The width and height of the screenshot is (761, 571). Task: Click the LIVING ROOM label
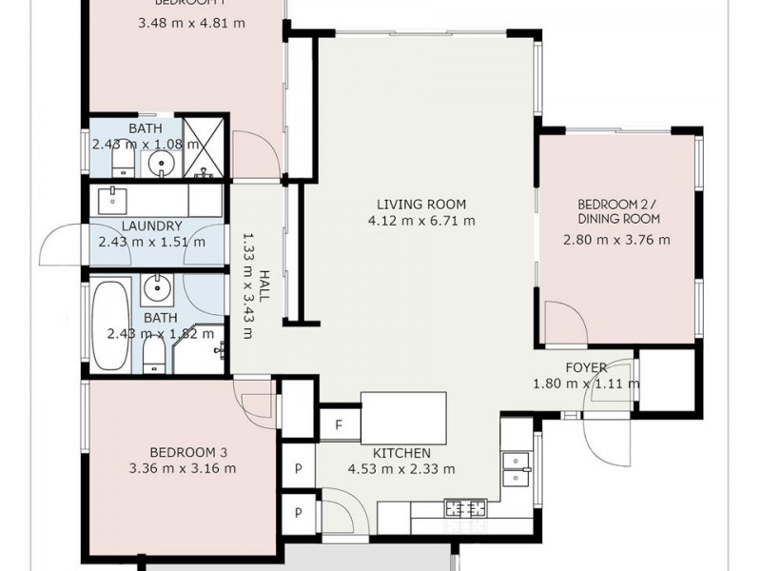(420, 204)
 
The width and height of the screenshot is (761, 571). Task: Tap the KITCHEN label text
(402, 453)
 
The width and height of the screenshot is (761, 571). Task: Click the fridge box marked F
(338, 424)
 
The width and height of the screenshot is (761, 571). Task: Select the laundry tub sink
(113, 200)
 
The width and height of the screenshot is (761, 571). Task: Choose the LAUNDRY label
(152, 226)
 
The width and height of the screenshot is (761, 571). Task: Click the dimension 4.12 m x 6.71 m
(420, 221)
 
